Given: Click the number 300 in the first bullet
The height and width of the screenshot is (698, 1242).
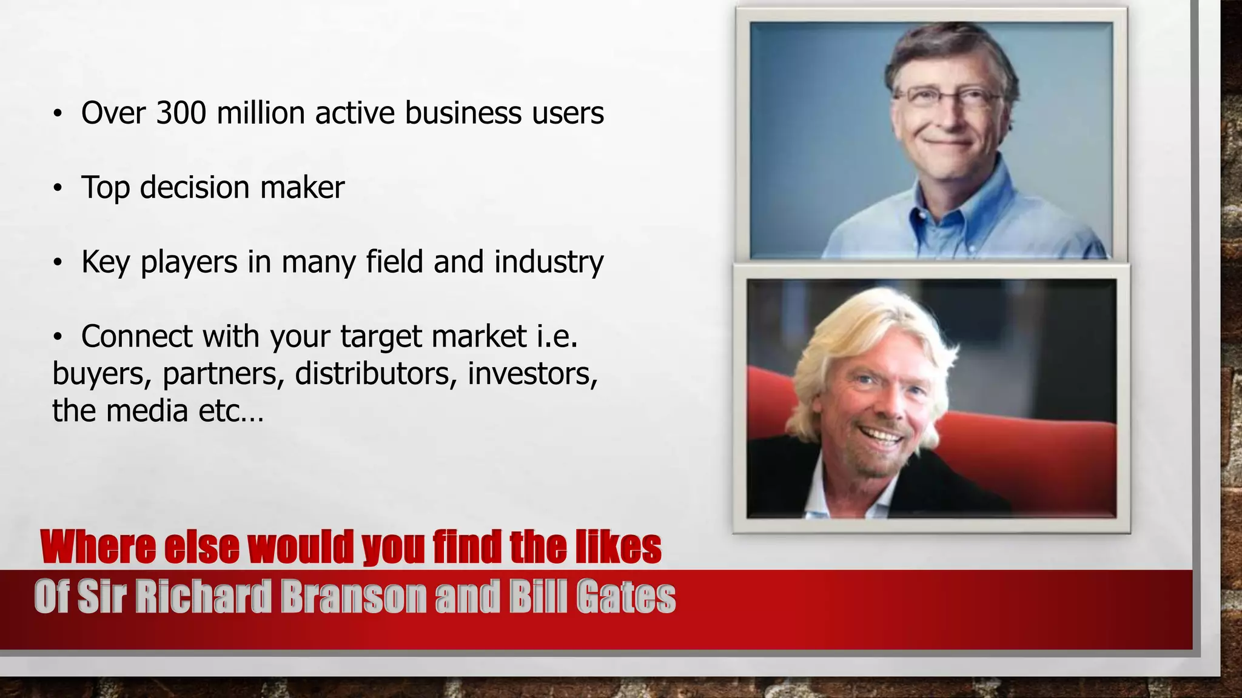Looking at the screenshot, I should pos(181,113).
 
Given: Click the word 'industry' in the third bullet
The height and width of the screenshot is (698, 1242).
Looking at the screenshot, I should pos(549,262).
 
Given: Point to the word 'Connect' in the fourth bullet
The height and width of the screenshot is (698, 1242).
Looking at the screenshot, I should pos(136,336).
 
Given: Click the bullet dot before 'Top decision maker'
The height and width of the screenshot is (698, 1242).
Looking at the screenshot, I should pos(58,188).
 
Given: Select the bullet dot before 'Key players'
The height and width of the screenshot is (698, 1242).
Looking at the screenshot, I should pos(58,263).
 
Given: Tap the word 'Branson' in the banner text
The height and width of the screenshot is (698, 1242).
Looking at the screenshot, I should pos(354,597).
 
